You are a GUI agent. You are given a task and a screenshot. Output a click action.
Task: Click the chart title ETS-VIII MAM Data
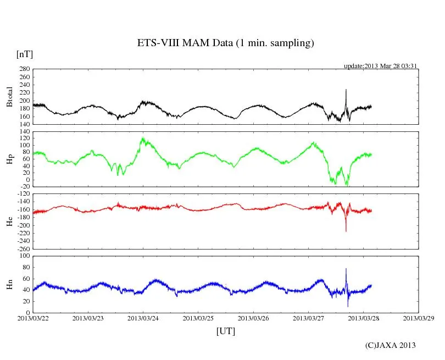pyautogui.click(x=225, y=43)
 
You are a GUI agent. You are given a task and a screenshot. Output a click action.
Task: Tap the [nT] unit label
pyautogui.click(x=25, y=54)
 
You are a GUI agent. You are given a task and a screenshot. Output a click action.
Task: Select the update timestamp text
pyautogui.click(x=381, y=66)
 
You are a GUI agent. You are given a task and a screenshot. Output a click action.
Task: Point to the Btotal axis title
pyautogui.click(x=9, y=97)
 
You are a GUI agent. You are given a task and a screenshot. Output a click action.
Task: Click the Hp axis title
pyautogui.click(x=9, y=158)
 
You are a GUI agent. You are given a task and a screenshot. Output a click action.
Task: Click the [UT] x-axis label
pyautogui.click(x=226, y=331)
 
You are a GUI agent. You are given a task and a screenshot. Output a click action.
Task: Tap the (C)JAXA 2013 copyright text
pyautogui.click(x=391, y=345)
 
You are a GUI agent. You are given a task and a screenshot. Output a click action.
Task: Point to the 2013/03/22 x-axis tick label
pyautogui.click(x=33, y=318)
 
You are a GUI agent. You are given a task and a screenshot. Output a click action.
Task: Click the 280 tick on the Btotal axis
pyautogui.click(x=24, y=69)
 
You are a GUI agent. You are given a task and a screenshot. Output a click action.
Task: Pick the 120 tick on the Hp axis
pyautogui.click(x=24, y=131)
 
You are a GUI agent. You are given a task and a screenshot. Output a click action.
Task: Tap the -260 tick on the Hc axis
pyautogui.click(x=23, y=248)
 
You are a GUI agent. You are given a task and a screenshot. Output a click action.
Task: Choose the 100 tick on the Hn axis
pyautogui.click(x=24, y=256)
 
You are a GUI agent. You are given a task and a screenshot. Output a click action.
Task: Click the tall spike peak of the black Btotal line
pyautogui.click(x=346, y=90)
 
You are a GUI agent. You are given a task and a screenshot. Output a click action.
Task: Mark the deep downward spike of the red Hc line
pyautogui.click(x=346, y=231)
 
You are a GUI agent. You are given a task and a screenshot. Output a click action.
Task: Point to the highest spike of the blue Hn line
pyautogui.click(x=346, y=269)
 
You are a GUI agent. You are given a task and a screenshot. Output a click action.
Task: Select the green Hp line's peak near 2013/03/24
pyautogui.click(x=143, y=139)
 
